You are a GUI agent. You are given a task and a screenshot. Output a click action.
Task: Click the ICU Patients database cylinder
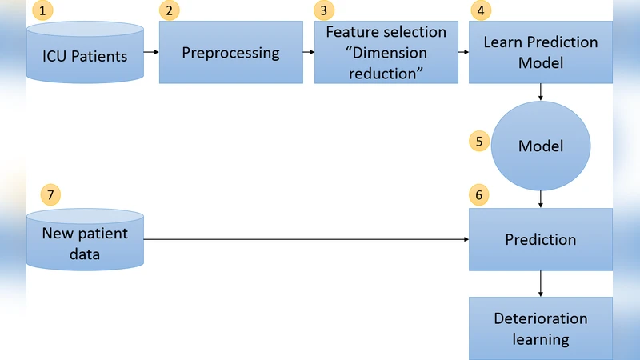click(85, 56)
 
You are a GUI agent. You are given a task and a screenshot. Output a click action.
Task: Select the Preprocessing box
click(230, 53)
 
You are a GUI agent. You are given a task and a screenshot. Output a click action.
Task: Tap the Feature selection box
click(386, 53)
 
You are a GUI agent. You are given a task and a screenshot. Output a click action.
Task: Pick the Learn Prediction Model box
click(540, 52)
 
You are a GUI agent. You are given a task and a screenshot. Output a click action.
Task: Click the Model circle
click(541, 146)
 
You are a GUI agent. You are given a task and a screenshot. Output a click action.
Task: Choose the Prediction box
click(541, 239)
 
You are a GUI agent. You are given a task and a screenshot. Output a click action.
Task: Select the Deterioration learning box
click(541, 328)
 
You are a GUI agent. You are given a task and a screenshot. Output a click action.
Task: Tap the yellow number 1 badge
click(42, 11)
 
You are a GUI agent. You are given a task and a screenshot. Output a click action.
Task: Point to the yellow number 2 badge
click(169, 11)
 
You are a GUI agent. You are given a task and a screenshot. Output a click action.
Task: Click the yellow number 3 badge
click(323, 11)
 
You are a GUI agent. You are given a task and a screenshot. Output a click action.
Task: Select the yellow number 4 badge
click(479, 11)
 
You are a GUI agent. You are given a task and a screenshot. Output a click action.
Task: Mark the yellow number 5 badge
click(479, 142)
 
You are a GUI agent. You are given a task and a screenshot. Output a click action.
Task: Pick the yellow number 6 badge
click(479, 194)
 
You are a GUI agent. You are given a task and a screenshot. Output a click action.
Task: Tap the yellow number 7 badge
click(50, 194)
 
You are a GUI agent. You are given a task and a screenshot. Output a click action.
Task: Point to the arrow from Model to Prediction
click(542, 198)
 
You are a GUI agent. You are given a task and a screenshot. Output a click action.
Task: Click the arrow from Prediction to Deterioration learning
click(542, 283)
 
